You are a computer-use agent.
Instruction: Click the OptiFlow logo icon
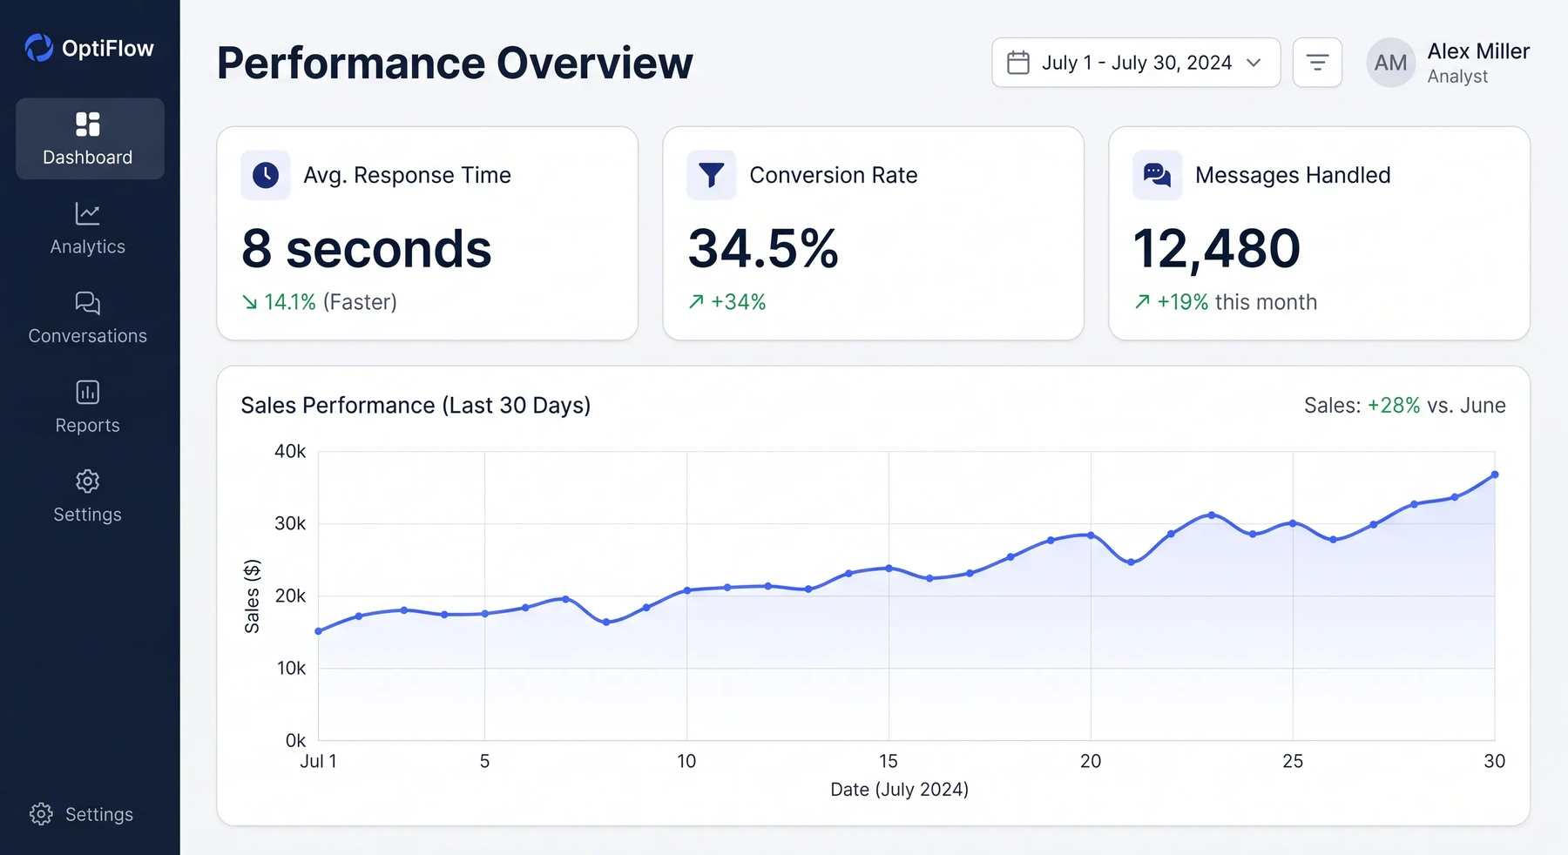[x=38, y=48]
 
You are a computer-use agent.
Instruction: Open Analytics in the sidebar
[x=88, y=229]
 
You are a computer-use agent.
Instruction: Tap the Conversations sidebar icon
[x=88, y=303]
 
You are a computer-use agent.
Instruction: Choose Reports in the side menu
[x=88, y=407]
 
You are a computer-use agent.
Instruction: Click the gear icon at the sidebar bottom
[x=41, y=814]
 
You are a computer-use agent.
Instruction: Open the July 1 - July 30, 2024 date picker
[x=1136, y=63]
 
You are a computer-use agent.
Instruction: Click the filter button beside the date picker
[x=1317, y=63]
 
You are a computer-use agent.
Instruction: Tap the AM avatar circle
[x=1390, y=63]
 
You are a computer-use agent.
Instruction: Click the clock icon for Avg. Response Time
[x=266, y=175]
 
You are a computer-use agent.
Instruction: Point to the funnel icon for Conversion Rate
[x=712, y=175]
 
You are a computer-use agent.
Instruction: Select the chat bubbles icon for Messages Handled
[x=1157, y=175]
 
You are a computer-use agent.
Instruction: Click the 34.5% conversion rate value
[x=763, y=248]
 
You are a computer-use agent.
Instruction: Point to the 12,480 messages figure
[x=1217, y=250]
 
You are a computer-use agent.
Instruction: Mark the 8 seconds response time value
[x=367, y=250]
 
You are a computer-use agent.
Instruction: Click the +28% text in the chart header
[x=1394, y=405]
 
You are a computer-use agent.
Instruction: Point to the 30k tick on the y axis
[x=290, y=523]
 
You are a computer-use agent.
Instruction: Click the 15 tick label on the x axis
[x=889, y=761]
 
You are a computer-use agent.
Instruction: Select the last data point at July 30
[x=1495, y=475]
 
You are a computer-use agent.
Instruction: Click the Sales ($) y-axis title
[x=252, y=596]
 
